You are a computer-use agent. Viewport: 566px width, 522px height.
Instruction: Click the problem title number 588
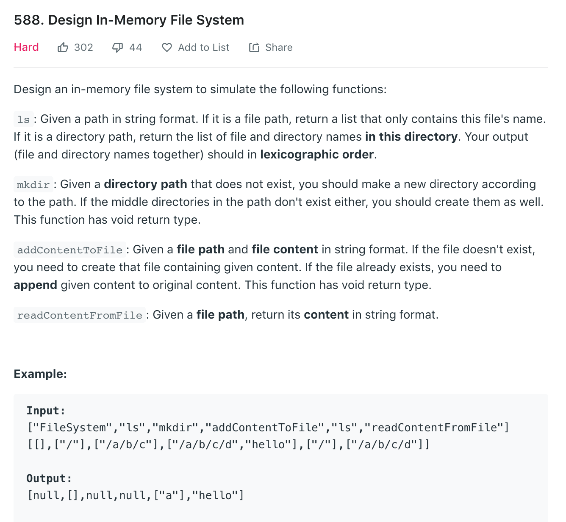pos(28,20)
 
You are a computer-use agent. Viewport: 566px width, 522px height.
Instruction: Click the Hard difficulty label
pos(26,47)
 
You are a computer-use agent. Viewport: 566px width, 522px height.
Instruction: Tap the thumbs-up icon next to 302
pos(63,47)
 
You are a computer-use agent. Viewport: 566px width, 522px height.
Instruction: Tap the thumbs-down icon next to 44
pos(117,47)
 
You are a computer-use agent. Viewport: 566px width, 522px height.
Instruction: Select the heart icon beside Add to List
pos(167,47)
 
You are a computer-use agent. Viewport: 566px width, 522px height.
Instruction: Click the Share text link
pos(278,47)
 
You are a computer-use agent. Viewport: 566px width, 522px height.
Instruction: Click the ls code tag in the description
pos(23,119)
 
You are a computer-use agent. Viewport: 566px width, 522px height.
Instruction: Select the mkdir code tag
pos(33,185)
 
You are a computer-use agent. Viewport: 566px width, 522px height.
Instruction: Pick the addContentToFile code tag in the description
pos(69,250)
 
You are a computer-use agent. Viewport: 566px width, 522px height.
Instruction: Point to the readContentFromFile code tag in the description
pos(79,315)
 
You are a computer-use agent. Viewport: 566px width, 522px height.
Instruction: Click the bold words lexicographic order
pos(317,155)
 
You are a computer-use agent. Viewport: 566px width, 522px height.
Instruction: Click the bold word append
pos(35,285)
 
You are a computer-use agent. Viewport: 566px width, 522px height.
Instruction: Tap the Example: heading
pos(40,374)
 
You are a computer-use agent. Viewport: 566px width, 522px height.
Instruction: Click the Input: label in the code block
pos(46,411)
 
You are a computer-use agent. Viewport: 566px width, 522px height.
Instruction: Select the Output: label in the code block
pos(49,478)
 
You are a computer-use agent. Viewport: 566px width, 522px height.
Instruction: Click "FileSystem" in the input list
pos(73,428)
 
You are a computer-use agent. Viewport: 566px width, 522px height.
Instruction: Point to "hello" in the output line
pos(218,495)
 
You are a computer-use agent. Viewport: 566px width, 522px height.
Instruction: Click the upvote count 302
pos(83,47)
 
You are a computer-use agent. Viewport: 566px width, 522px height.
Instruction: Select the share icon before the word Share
pos(254,47)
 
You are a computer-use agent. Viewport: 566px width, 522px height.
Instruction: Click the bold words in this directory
pos(411,137)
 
